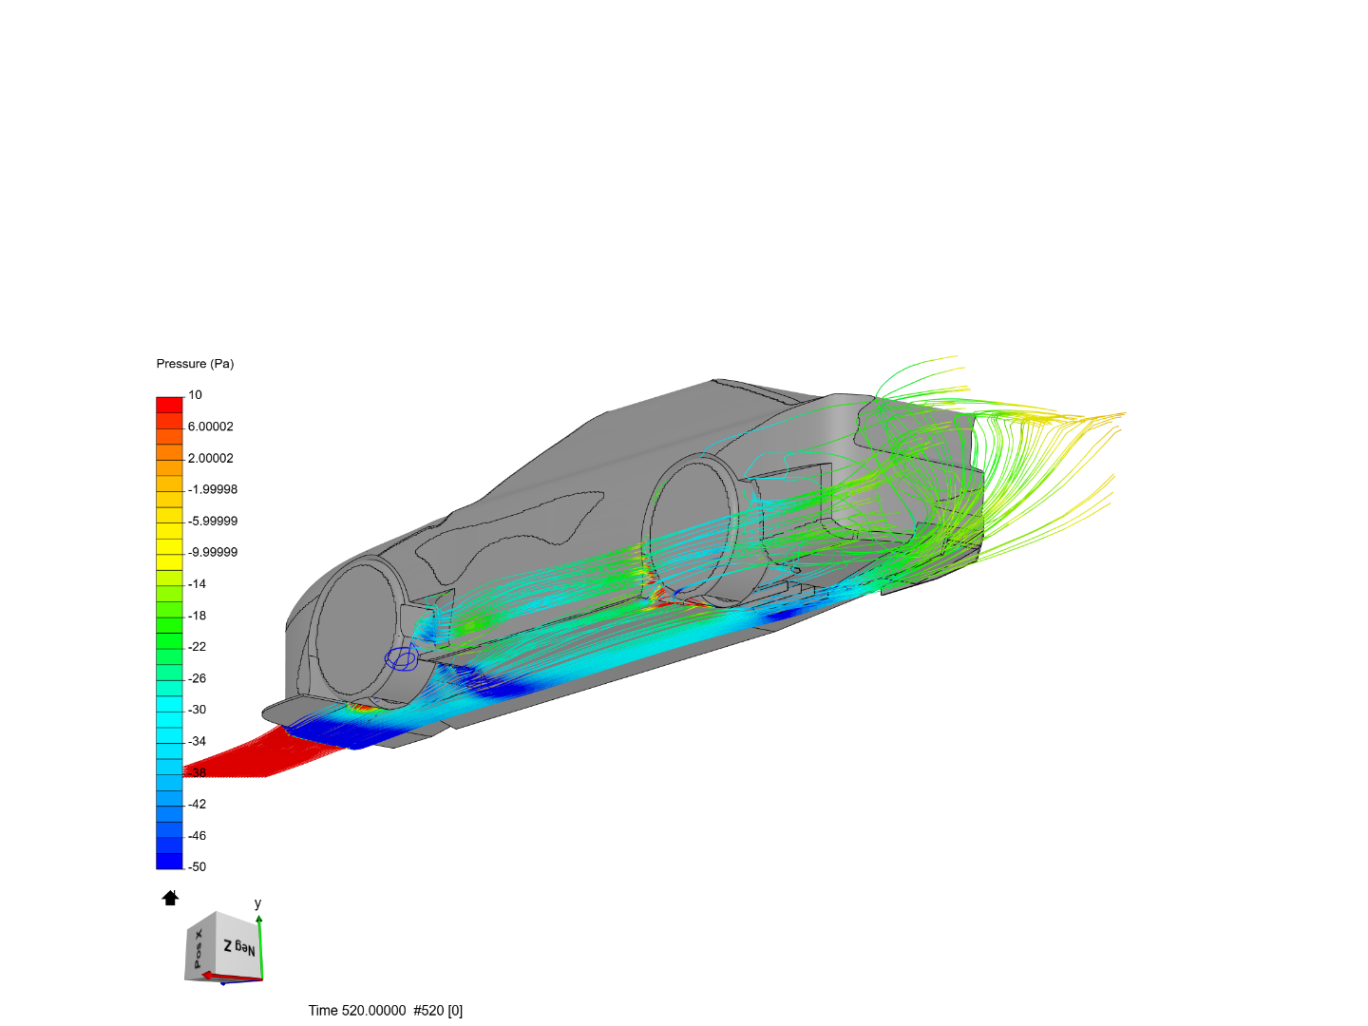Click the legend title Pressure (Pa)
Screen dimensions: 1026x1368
click(x=195, y=364)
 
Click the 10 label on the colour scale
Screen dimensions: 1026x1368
click(x=195, y=395)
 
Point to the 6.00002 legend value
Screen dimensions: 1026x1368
click(x=210, y=427)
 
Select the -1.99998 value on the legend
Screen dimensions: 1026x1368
click(x=212, y=489)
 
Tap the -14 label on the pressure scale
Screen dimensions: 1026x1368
click(x=197, y=583)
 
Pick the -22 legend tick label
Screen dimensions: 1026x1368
click(x=197, y=646)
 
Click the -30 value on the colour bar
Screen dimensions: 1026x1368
click(x=197, y=710)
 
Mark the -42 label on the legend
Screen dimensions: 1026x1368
click(x=197, y=804)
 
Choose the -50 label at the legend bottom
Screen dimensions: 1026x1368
click(x=197, y=866)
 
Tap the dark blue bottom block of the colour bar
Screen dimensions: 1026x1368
click(x=169, y=861)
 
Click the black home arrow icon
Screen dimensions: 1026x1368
click(x=170, y=898)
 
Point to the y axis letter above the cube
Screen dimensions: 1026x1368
click(x=257, y=903)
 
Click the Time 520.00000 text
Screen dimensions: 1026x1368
click(x=356, y=1010)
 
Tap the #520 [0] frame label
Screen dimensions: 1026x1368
click(x=438, y=1010)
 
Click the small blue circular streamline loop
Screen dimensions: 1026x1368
click(x=401, y=657)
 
